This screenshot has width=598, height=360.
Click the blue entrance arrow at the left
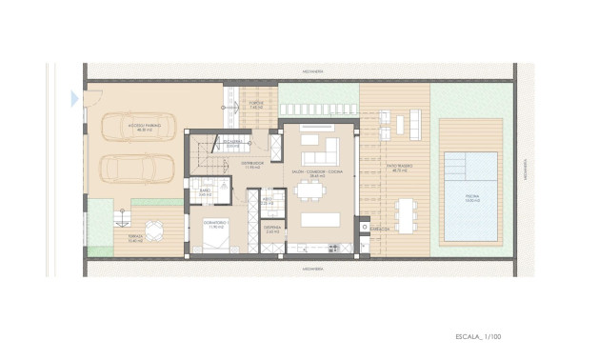[x=74, y=97]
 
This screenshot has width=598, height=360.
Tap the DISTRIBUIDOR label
[x=252, y=164]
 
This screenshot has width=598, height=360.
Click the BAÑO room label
[x=205, y=193]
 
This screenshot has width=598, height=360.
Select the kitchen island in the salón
[x=319, y=220]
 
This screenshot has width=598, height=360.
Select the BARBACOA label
[x=378, y=229]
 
